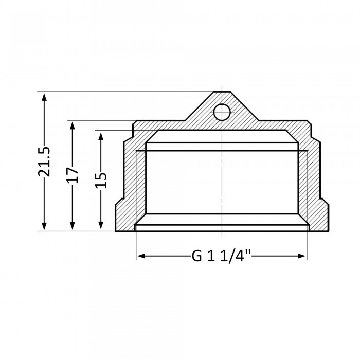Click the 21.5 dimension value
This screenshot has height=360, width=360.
tap(44, 161)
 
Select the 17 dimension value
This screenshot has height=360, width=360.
tap(73, 175)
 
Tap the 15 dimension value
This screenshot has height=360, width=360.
tap(101, 180)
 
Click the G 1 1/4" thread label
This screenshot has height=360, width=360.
tap(221, 256)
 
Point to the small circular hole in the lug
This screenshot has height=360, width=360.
tap(222, 112)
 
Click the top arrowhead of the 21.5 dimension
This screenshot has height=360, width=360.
tap(44, 96)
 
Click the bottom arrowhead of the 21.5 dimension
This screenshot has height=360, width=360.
tap(44, 226)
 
